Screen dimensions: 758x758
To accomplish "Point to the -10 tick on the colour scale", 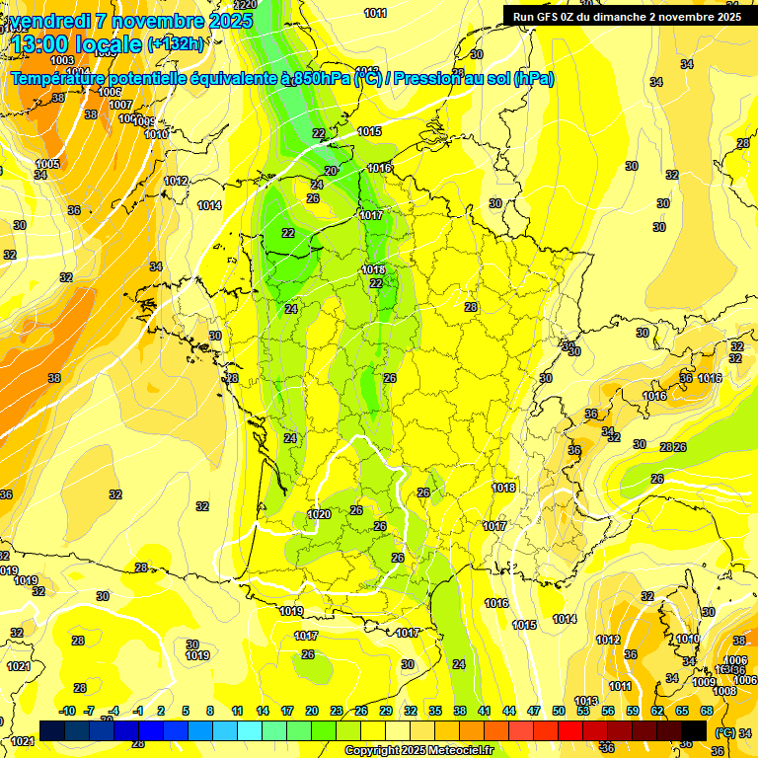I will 67,711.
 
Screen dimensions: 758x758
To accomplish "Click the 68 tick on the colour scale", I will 707,711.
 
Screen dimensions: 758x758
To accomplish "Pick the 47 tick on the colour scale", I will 534,711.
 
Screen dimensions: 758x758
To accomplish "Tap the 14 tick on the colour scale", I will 263,711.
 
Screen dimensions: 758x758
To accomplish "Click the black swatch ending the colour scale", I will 694,730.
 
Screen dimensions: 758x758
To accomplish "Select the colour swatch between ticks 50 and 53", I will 570,730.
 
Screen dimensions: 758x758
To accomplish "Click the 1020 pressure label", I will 319,514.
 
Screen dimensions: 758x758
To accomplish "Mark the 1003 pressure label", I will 35,60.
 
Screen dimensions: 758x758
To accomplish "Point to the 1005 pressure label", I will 47,164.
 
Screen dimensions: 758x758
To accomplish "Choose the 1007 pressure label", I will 120,105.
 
